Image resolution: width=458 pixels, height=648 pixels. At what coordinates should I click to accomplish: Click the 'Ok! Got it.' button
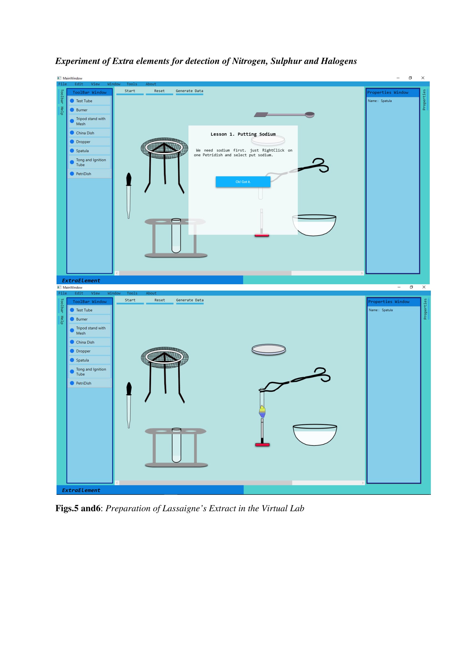point(243,182)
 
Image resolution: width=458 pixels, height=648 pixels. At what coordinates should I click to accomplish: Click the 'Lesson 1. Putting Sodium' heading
point(243,134)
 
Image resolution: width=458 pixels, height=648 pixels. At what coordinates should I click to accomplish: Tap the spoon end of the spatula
point(310,115)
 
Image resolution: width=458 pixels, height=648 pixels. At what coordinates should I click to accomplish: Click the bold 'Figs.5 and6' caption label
point(78,508)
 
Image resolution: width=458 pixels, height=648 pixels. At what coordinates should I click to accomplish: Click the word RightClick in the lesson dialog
point(273,150)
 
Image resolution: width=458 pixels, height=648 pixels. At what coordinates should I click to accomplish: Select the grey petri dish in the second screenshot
point(269,349)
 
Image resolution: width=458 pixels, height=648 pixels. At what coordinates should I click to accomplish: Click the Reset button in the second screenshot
point(160,300)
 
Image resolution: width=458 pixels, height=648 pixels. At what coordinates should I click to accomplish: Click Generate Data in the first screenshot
point(189,91)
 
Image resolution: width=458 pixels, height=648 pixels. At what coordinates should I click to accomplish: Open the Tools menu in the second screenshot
point(132,293)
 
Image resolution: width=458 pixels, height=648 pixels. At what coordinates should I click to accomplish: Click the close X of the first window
point(423,78)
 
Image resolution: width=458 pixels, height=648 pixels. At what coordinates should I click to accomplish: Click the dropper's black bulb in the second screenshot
point(129,389)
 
